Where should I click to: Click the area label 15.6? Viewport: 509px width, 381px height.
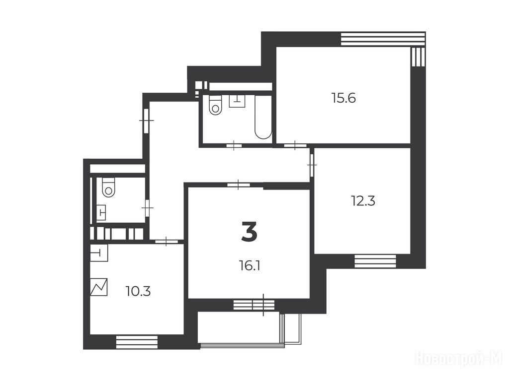pyautogui.click(x=344, y=98)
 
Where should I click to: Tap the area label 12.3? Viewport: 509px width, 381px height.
pyautogui.click(x=363, y=201)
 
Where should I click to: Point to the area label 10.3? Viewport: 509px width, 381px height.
pyautogui.click(x=138, y=292)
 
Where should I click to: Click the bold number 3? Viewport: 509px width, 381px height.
pyautogui.click(x=250, y=232)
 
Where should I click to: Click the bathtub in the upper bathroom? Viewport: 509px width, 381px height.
pyautogui.click(x=263, y=117)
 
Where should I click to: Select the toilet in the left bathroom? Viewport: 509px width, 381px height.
pyautogui.click(x=108, y=187)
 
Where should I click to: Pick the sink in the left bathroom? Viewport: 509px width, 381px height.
pyautogui.click(x=101, y=212)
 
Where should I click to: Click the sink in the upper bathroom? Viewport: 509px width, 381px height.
pyautogui.click(x=237, y=101)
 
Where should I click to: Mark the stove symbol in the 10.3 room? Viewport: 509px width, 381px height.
pyautogui.click(x=99, y=287)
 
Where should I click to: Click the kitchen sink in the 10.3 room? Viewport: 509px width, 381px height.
pyautogui.click(x=99, y=253)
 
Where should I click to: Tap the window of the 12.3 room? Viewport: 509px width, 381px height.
pyautogui.click(x=375, y=261)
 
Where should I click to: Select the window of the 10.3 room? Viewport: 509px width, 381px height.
pyautogui.click(x=137, y=342)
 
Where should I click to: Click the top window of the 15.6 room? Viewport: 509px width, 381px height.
pyautogui.click(x=383, y=39)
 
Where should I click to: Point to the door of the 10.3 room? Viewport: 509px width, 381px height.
pyautogui.click(x=166, y=242)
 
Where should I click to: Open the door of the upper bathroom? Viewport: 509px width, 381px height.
pyautogui.click(x=234, y=145)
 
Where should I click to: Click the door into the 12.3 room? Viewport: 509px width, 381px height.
pyautogui.click(x=312, y=165)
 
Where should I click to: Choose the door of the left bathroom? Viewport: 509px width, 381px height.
pyautogui.click(x=148, y=207)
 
